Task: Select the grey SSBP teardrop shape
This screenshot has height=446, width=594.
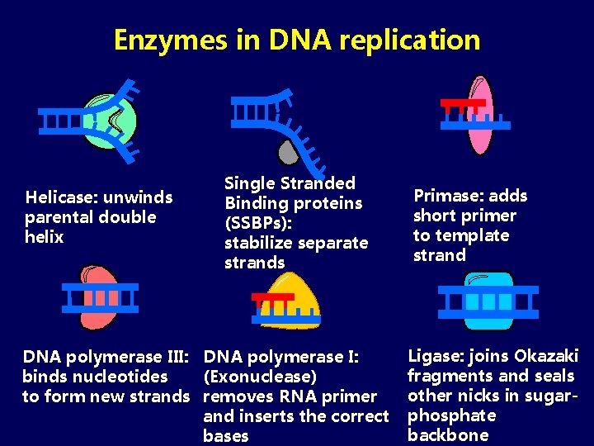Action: pyautogui.click(x=286, y=150)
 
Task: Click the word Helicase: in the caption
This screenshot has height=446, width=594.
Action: pyautogui.click(x=57, y=197)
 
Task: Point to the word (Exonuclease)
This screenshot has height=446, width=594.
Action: pyautogui.click(x=260, y=377)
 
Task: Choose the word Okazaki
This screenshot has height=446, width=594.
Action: pyautogui.click(x=546, y=356)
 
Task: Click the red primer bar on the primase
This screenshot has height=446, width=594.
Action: pyautogui.click(x=462, y=104)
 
